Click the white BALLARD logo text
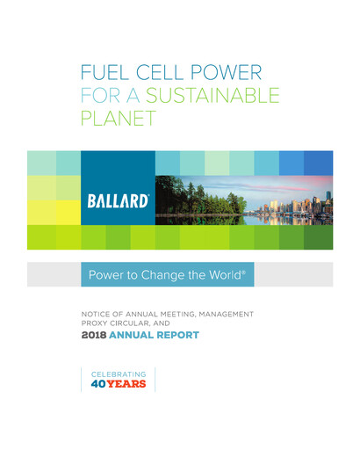pyautogui.click(x=118, y=201)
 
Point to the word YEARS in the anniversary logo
pyautogui.click(x=128, y=384)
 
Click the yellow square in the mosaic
pyautogui.click(x=68, y=212)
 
